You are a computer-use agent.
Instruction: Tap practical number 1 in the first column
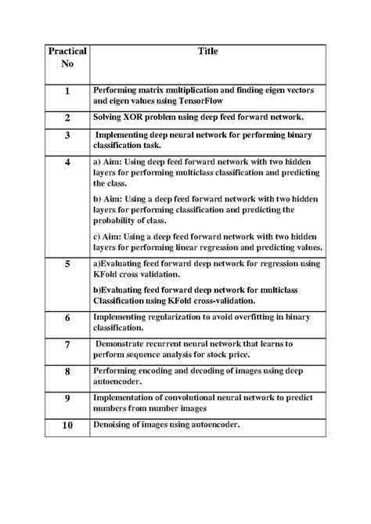tap(67, 92)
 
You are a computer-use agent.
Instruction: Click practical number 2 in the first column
tap(67, 117)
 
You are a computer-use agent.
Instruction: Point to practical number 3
tap(67, 136)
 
